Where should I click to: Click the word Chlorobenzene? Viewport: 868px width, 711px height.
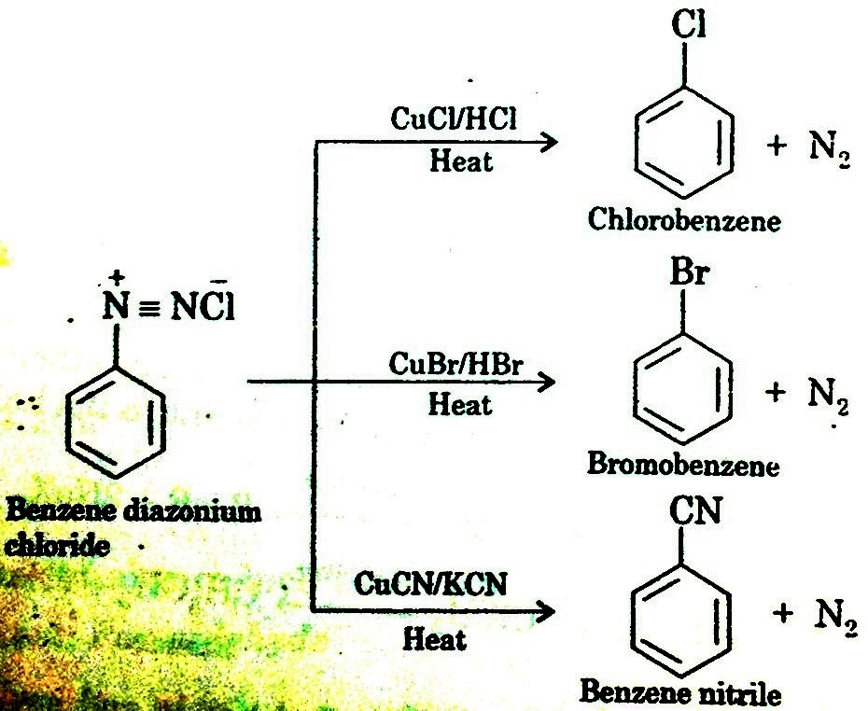[x=684, y=220]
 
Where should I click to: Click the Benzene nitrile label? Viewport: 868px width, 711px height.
[x=680, y=691]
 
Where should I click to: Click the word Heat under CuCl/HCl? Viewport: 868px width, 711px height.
[x=460, y=162]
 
